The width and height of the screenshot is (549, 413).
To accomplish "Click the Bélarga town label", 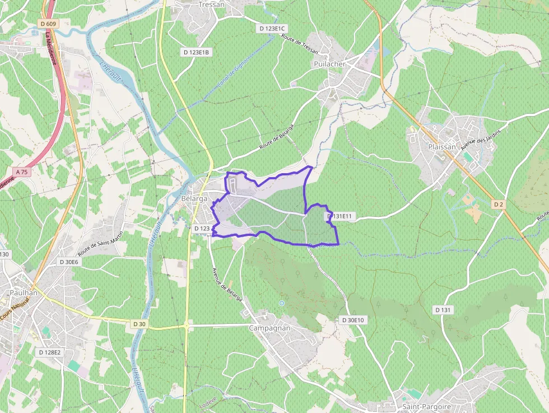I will [195, 199].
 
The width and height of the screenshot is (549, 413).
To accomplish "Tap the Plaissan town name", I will [442, 146].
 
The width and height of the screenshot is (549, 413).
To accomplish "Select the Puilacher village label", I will [329, 64].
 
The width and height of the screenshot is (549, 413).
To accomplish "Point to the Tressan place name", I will [211, 4].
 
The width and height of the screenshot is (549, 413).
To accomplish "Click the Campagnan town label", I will [269, 328].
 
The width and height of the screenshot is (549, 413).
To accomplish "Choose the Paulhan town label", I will [24, 293].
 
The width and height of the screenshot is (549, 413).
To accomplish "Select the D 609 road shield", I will [49, 24].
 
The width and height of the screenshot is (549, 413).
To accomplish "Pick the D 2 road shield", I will [499, 205].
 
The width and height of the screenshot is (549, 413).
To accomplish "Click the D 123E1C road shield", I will [273, 28].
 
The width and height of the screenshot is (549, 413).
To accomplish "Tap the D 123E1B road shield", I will [197, 52].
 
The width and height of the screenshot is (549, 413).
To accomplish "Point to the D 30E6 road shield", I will [70, 262].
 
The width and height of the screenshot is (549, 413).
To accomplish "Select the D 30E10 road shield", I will [353, 320].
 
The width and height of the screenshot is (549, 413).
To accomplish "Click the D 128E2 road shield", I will [49, 352].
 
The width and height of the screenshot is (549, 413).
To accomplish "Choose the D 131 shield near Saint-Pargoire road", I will [443, 310].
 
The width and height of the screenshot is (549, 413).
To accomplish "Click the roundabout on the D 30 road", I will [186, 324].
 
